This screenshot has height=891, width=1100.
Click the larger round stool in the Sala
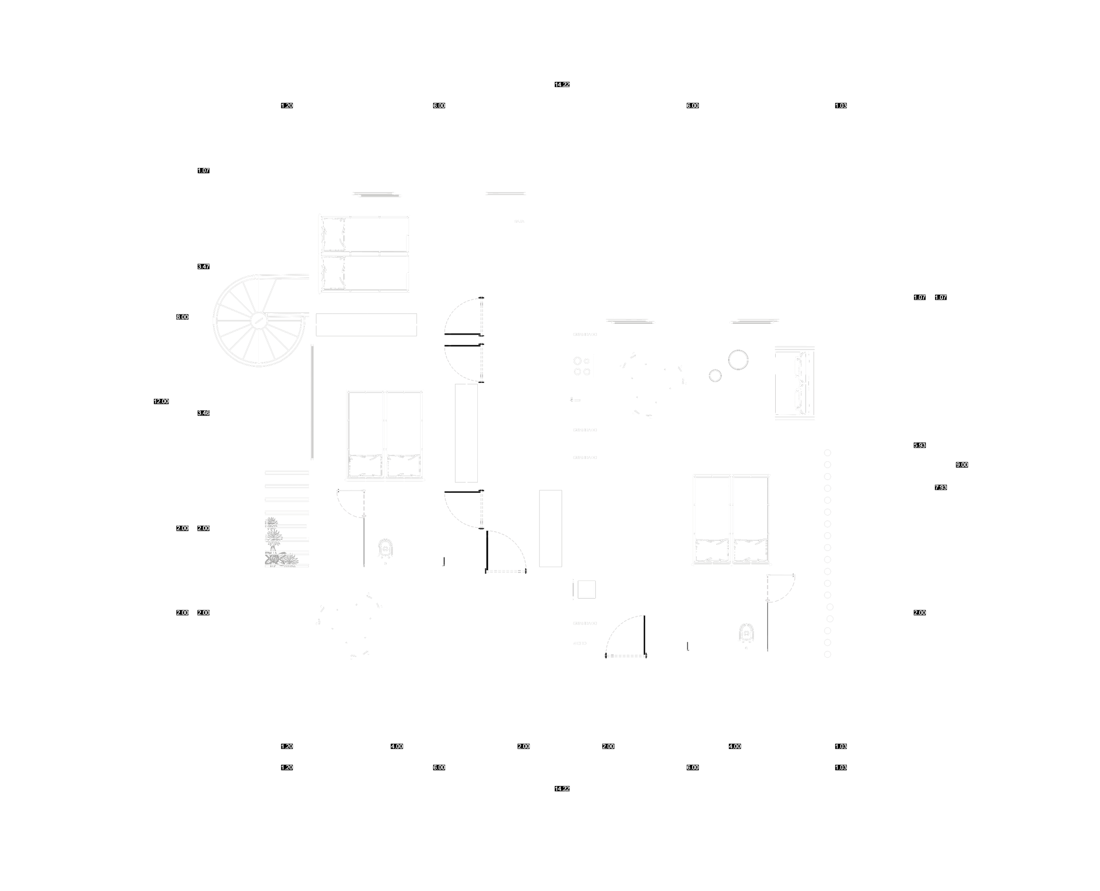[x=738, y=359]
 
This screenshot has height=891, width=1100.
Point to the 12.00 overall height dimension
[x=162, y=401]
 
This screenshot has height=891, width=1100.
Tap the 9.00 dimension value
[x=961, y=465]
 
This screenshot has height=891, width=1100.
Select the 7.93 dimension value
[x=941, y=488]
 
